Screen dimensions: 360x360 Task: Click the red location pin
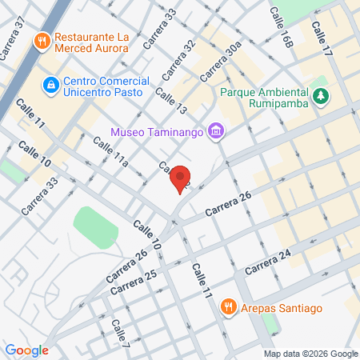pos(181,178)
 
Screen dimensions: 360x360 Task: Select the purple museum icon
pos(214,131)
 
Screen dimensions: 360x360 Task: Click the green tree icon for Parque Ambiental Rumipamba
pos(321,96)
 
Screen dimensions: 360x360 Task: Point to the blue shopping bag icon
pos(50,83)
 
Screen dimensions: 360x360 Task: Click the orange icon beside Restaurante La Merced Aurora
pos(41,38)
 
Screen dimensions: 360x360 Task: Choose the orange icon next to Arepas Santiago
pos(228,306)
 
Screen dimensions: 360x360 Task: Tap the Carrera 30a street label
pos(222,62)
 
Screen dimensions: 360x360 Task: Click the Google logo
pos(26,350)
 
